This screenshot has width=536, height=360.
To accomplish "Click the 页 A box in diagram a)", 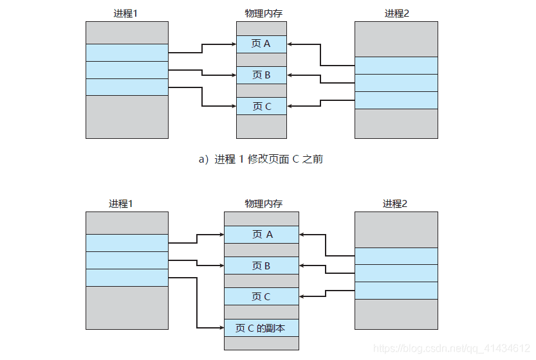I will [261, 44].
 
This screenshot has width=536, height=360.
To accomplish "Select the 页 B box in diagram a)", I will [261, 75].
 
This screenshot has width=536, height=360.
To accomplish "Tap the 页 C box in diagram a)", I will [261, 106].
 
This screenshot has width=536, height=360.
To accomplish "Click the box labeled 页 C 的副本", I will [261, 328].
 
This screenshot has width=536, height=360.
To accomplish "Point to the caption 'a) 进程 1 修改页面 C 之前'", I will [261, 159].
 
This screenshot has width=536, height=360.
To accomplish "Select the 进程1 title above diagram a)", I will [126, 13].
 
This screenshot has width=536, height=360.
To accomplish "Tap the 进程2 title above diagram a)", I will [396, 13].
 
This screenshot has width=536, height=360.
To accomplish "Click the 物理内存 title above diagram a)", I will [261, 13].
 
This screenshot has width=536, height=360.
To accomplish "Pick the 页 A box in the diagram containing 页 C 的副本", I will [261, 235].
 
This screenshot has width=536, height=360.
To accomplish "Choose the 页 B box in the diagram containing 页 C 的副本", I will [261, 265].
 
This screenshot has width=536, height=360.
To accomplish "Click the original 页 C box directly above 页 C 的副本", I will [261, 296].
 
